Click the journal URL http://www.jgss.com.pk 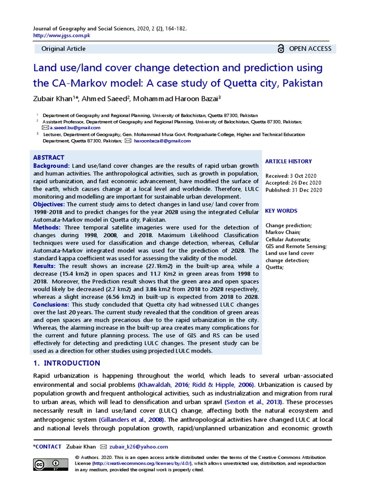pos(61,36)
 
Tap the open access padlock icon pos(281,49)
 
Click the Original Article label pos(63,49)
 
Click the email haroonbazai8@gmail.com pos(162,141)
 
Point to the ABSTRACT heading pos(49,158)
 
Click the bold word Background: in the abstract pos(51,165)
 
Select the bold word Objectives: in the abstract pos(51,204)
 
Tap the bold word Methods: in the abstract pos(47,228)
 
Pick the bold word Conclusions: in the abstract pos(51,305)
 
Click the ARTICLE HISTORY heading pos(288,162)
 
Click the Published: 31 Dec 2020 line pos(294,190)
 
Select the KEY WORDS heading pos(281,211)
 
